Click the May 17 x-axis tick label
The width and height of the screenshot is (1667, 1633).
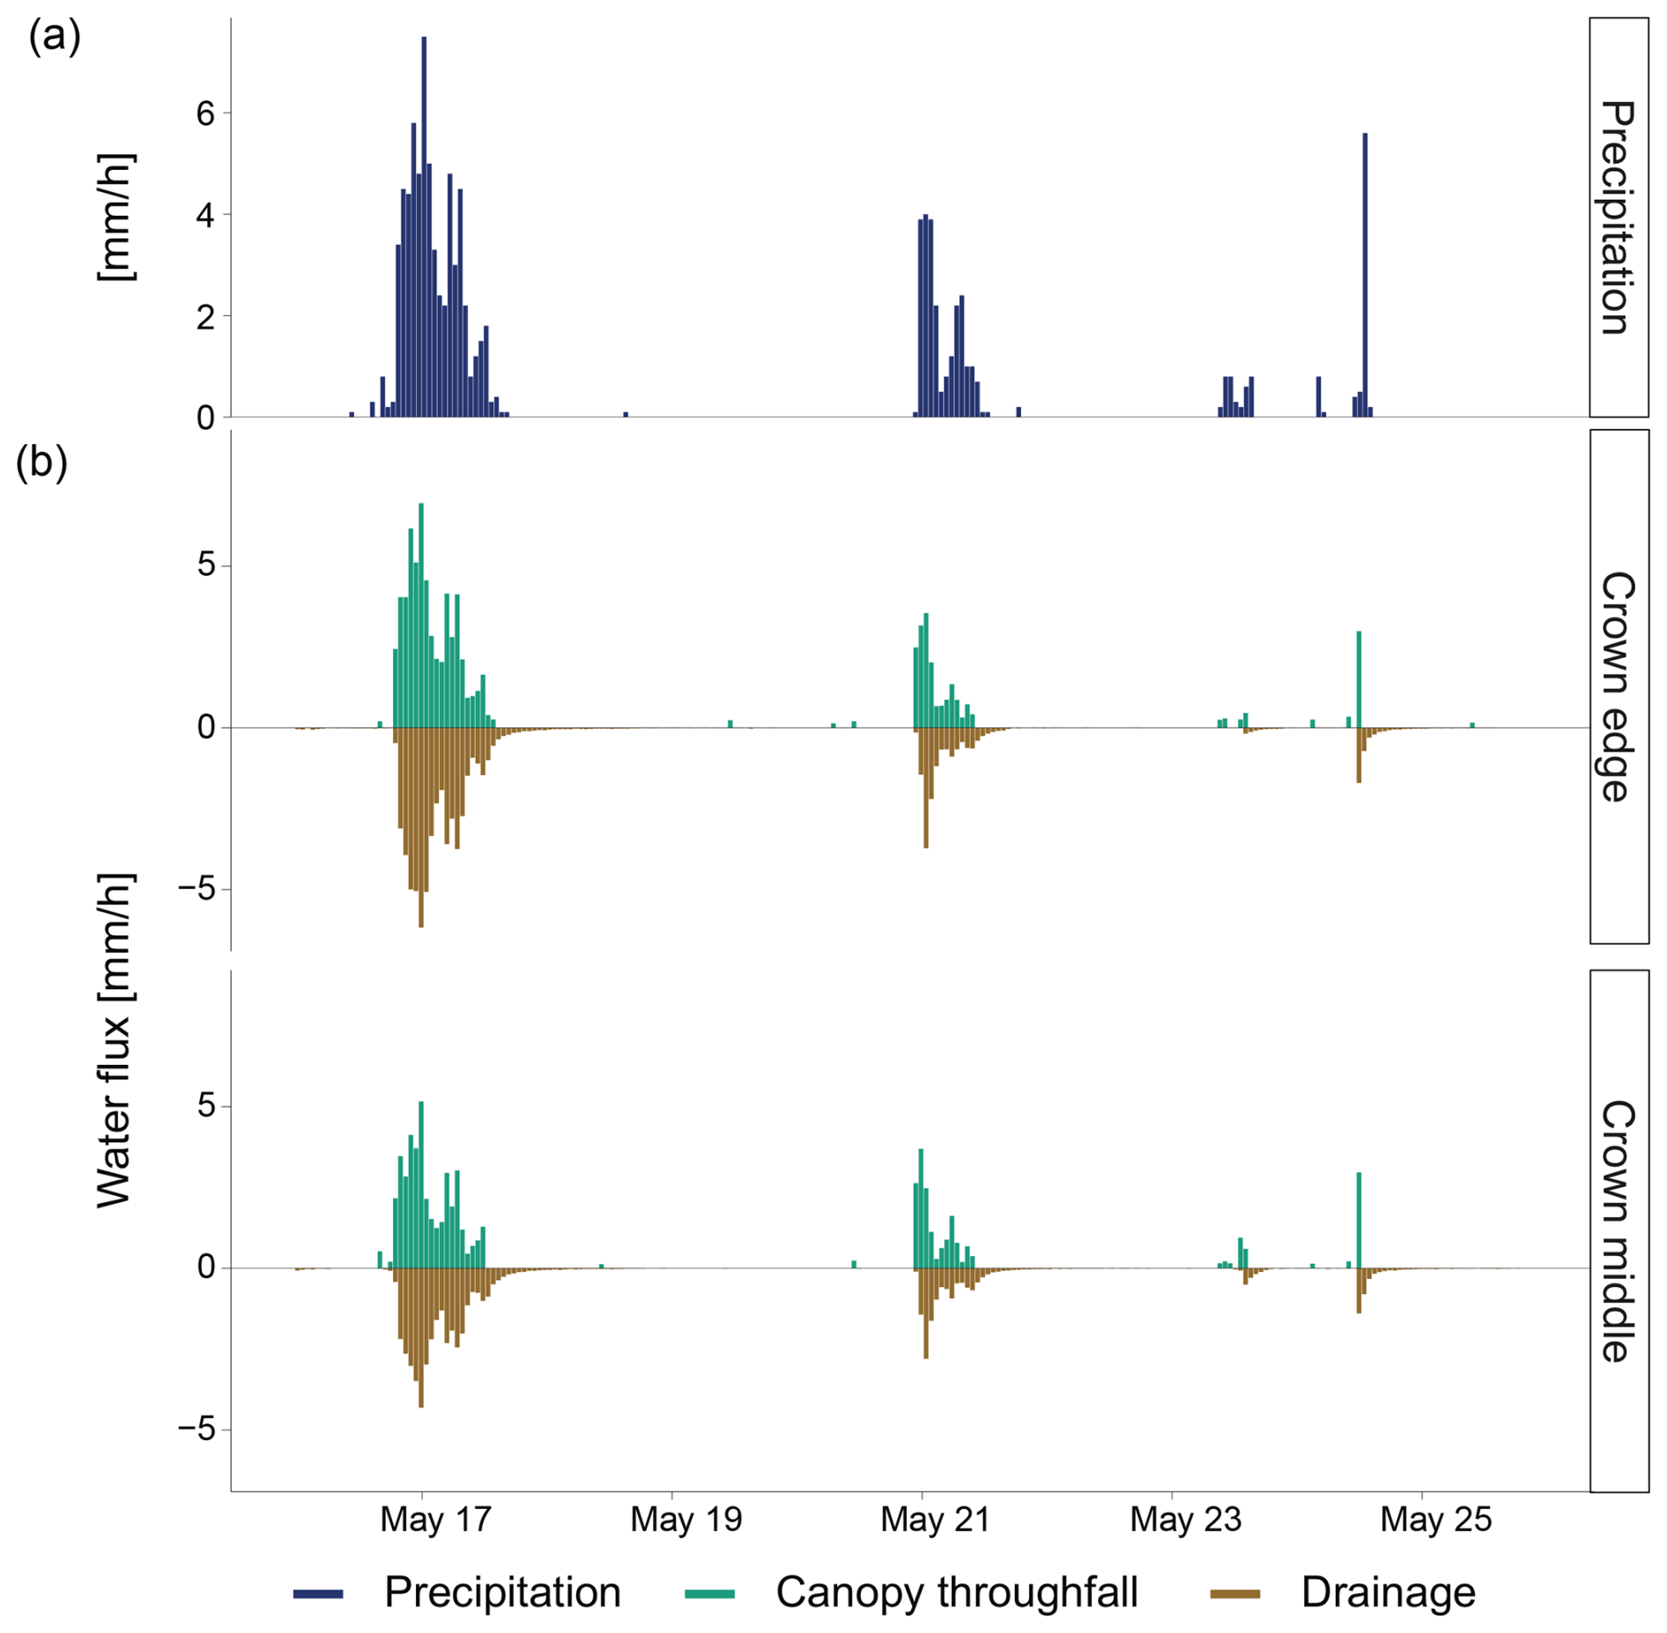pyautogui.click(x=435, y=1519)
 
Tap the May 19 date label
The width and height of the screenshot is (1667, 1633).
pyautogui.click(x=685, y=1519)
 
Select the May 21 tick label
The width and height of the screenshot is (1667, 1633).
pyautogui.click(x=935, y=1519)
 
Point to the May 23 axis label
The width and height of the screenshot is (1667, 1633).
pyautogui.click(x=1185, y=1519)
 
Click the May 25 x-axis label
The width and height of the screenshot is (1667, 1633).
pyautogui.click(x=1435, y=1519)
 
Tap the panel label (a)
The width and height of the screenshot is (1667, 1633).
pyautogui.click(x=55, y=37)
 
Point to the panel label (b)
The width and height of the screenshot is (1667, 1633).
pyautogui.click(x=41, y=462)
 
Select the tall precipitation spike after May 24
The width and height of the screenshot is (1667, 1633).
pyautogui.click(x=1365, y=273)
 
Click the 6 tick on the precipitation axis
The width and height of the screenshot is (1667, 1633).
pyautogui.click(x=205, y=114)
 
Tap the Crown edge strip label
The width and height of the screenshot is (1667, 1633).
pyautogui.click(x=1619, y=687)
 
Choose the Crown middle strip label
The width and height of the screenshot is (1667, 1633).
pyautogui.click(x=1619, y=1231)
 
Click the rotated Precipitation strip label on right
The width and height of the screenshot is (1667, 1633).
pyautogui.click(x=1619, y=217)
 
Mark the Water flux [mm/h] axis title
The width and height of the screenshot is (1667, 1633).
pyautogui.click(x=115, y=1039)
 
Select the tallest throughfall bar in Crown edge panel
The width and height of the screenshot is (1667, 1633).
pyautogui.click(x=421, y=617)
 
